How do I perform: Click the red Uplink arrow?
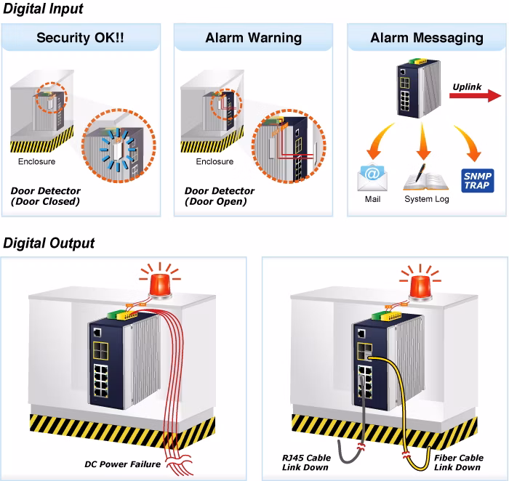tap(476, 95)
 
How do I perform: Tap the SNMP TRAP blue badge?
tap(478, 181)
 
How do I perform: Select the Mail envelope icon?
tap(372, 177)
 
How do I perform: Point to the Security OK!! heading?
tap(80, 38)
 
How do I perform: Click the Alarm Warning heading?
tap(254, 38)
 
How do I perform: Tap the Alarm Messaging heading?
tap(427, 38)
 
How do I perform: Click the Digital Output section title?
tap(49, 243)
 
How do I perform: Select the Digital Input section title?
tap(43, 9)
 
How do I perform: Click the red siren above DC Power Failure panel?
tap(161, 281)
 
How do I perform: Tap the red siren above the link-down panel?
tap(420, 283)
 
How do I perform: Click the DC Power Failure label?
tap(122, 464)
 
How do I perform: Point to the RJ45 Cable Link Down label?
tap(306, 463)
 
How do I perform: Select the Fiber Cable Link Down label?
tap(459, 463)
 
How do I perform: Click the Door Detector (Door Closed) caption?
tap(45, 196)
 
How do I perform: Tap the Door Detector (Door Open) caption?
tap(220, 196)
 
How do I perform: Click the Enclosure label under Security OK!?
tap(36, 161)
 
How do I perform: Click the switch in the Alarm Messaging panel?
tap(419, 88)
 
